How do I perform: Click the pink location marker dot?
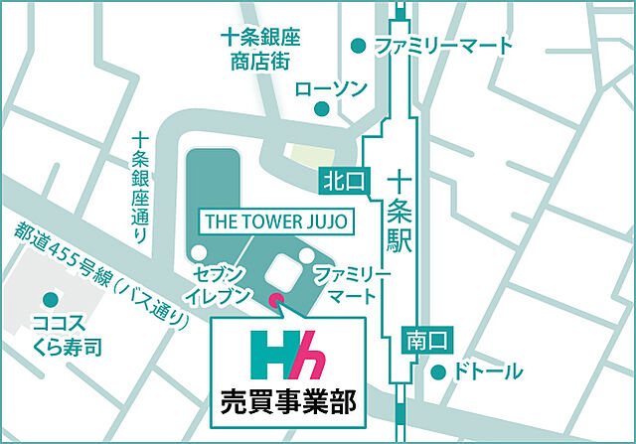[276, 298]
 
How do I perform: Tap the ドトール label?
[488, 372]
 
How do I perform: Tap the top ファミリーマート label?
[444, 46]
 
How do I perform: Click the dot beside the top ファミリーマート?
[359, 46]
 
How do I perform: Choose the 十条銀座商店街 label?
[258, 48]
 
